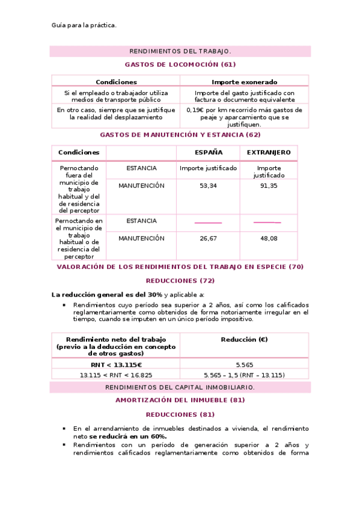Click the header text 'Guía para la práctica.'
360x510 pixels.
84,25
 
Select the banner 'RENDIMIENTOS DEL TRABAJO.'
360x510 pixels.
180,51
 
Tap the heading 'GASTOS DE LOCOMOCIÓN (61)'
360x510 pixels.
180,64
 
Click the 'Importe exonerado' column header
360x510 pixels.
244,82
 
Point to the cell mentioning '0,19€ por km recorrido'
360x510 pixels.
244,117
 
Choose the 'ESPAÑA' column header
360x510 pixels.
208,153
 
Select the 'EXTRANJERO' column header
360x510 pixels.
268,153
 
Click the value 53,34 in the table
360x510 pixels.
208,186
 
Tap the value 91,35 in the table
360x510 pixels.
268,186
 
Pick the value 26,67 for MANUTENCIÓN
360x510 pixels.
208,238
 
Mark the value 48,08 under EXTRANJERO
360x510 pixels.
268,238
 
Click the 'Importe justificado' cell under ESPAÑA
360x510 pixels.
208,168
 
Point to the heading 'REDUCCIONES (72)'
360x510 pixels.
180,280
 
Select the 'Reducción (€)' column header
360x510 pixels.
244,340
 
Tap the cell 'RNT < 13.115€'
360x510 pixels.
116,364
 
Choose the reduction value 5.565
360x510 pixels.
244,364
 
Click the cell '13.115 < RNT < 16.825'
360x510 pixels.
116,375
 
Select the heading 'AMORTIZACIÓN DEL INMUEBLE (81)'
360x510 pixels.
180,400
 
